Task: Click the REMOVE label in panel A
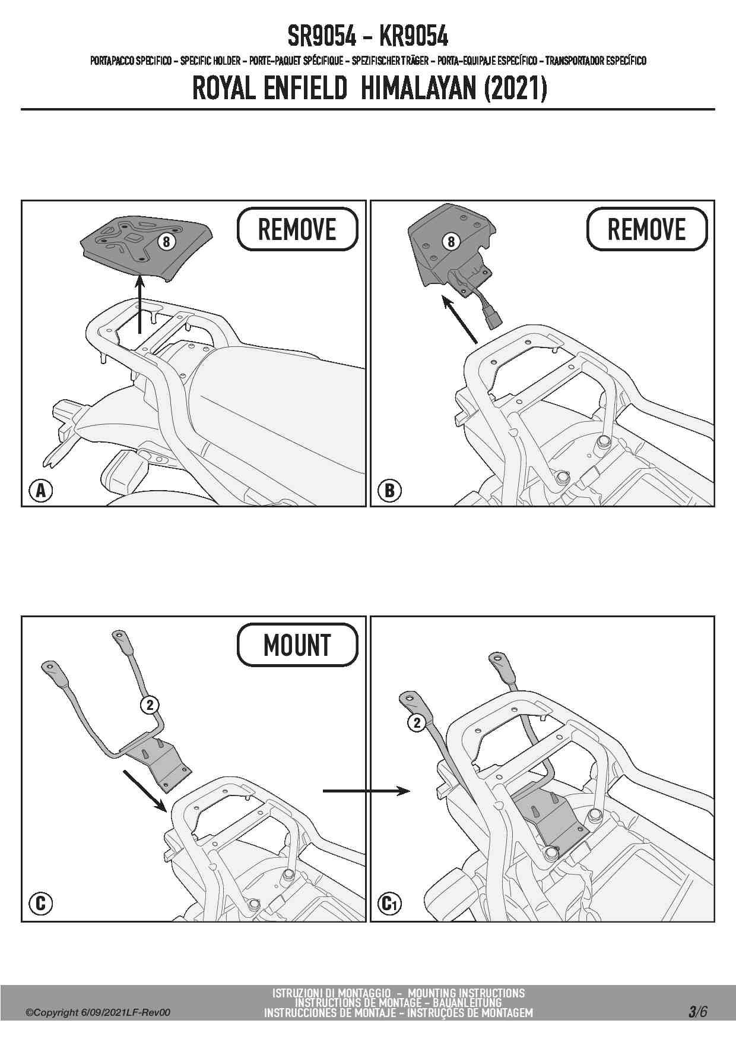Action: pos(297,229)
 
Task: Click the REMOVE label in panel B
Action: pos(647,229)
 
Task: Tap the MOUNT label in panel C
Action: pos(297,645)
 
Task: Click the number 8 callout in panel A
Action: pos(167,242)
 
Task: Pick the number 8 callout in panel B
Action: pos(451,241)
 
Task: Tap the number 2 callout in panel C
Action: pos(150,705)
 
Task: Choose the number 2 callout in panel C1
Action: pos(417,722)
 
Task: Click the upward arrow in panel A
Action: pos(140,305)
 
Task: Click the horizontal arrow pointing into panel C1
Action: pos(367,791)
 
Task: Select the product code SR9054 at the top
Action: pos(322,37)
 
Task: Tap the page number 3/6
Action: pos(698,1012)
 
